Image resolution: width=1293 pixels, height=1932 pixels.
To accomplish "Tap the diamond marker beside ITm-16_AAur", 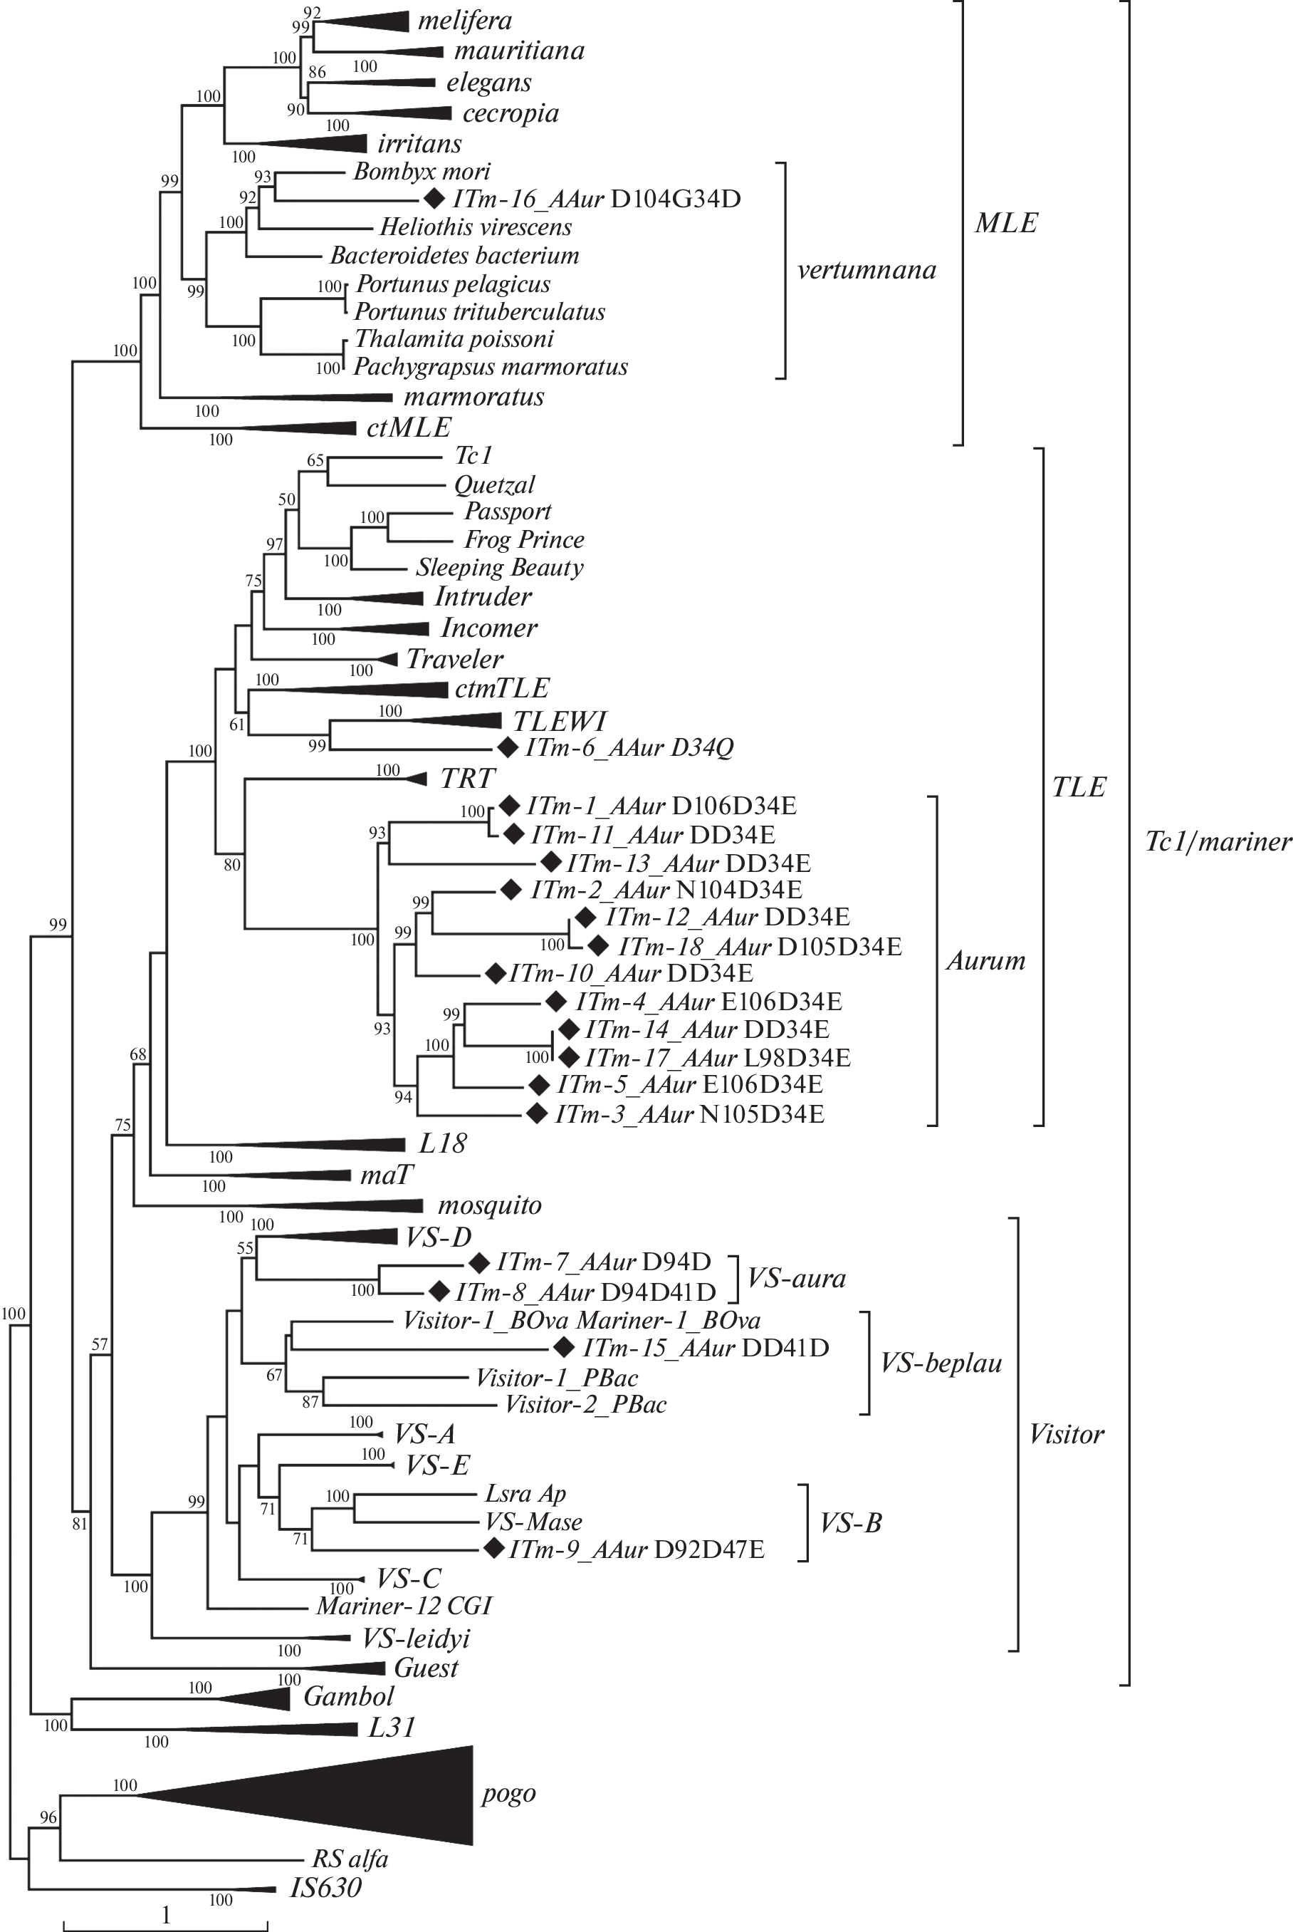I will coord(432,199).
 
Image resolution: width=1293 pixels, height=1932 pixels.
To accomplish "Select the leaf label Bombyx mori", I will coord(422,172).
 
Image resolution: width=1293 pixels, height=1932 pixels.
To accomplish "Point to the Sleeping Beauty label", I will coord(499,568).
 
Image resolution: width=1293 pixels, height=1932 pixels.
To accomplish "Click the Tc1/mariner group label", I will coord(1217,841).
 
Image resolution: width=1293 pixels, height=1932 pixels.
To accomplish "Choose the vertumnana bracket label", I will coord(866,271).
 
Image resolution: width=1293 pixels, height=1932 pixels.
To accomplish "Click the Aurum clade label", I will coord(985,960).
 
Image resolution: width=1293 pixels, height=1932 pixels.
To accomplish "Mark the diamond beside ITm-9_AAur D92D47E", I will coord(494,1549).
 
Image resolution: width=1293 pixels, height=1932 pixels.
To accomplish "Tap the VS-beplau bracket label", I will coord(941,1363).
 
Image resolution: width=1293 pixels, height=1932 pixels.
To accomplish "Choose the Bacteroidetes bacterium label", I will coord(454,256).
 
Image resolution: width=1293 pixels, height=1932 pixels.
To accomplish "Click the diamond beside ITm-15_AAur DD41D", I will coord(563,1348).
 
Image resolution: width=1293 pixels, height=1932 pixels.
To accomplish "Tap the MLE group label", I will coord(1005,223).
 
